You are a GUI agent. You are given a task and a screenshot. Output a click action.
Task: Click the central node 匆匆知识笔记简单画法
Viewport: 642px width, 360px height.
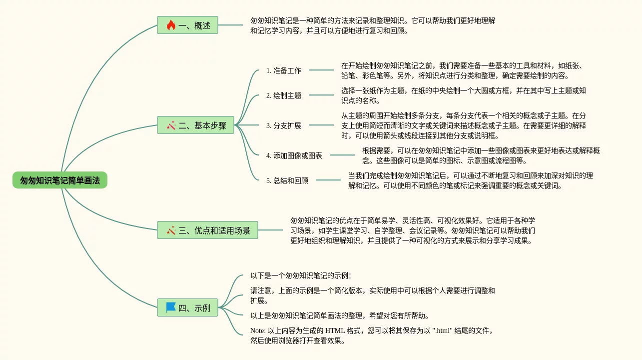pyautogui.click(x=60, y=180)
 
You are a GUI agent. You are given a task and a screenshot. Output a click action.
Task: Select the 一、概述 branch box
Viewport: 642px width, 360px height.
pyautogui.click(x=188, y=25)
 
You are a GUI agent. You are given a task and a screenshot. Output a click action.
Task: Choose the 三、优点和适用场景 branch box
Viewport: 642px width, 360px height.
pyautogui.click(x=207, y=230)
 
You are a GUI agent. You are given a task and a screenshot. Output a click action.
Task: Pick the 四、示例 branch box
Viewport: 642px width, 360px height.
pyautogui.click(x=188, y=307)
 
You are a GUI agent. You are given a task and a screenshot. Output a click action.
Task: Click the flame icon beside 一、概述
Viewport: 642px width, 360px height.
pyautogui.click(x=171, y=25)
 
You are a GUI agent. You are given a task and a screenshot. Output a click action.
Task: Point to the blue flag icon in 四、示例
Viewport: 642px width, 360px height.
pyautogui.click(x=171, y=307)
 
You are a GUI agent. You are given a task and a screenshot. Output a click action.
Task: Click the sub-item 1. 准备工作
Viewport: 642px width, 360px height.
pyautogui.click(x=284, y=70)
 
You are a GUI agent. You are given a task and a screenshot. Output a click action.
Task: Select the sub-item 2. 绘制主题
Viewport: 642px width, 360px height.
pyautogui.click(x=284, y=95)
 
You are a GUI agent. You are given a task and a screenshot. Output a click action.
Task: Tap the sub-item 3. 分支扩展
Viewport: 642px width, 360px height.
pyautogui.click(x=284, y=125)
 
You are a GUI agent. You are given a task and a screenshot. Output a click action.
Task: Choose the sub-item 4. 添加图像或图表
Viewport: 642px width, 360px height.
pyautogui.click(x=294, y=155)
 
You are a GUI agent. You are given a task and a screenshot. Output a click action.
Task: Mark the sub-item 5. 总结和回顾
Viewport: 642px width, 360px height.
pyautogui.click(x=287, y=180)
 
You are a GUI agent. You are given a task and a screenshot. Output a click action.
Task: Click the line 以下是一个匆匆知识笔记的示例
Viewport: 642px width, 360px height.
pyautogui.click(x=300, y=275)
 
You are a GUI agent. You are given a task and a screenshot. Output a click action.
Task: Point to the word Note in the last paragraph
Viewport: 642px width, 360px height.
pyautogui.click(x=258, y=330)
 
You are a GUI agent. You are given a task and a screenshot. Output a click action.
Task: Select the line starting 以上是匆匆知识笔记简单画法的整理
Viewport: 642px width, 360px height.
pyautogui.click(x=340, y=315)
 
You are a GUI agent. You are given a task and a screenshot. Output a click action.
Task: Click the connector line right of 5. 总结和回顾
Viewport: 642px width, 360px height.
pyautogui.click(x=328, y=180)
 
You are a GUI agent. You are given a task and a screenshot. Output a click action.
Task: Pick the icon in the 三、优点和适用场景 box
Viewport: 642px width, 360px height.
pyautogui.click(x=171, y=230)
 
